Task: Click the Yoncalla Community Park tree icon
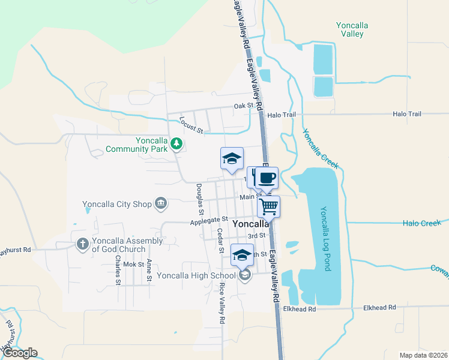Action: pyautogui.click(x=176, y=143)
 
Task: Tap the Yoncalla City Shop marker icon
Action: pyautogui.click(x=161, y=204)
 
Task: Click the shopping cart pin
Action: pyautogui.click(x=269, y=206)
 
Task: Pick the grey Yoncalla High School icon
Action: pyautogui.click(x=244, y=275)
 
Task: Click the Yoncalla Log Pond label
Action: pyautogui.click(x=325, y=239)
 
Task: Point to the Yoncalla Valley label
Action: pyautogui.click(x=352, y=29)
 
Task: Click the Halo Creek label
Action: pyautogui.click(x=422, y=223)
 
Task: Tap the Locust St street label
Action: pyautogui.click(x=191, y=126)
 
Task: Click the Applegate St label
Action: pyautogui.click(x=209, y=221)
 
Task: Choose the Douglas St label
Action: pyautogui.click(x=199, y=199)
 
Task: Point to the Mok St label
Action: pyautogui.click(x=134, y=264)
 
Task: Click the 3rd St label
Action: pyautogui.click(x=256, y=236)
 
